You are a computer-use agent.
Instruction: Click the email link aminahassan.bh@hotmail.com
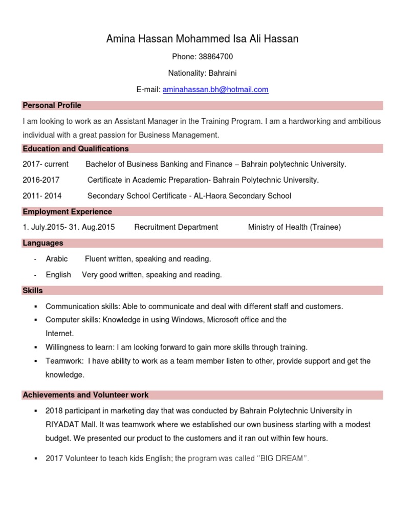click(215, 90)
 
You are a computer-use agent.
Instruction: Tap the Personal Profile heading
click(52, 105)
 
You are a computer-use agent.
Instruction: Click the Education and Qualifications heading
click(76, 149)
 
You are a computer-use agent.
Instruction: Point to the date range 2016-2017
click(41, 180)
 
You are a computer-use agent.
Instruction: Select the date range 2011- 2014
click(42, 196)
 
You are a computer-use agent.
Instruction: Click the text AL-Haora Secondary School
click(242, 196)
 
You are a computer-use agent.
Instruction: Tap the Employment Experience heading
click(67, 212)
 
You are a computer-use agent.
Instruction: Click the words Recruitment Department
click(176, 227)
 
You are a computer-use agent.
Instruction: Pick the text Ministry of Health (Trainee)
click(294, 227)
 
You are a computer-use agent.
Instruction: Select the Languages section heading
click(43, 243)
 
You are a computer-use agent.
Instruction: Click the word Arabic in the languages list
click(56, 259)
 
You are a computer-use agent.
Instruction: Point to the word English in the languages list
click(58, 275)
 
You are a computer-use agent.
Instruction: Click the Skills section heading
click(33, 291)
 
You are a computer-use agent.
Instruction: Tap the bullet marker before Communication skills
click(36, 307)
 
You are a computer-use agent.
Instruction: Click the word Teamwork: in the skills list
click(64, 361)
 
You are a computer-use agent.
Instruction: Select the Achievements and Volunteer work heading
click(85, 395)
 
